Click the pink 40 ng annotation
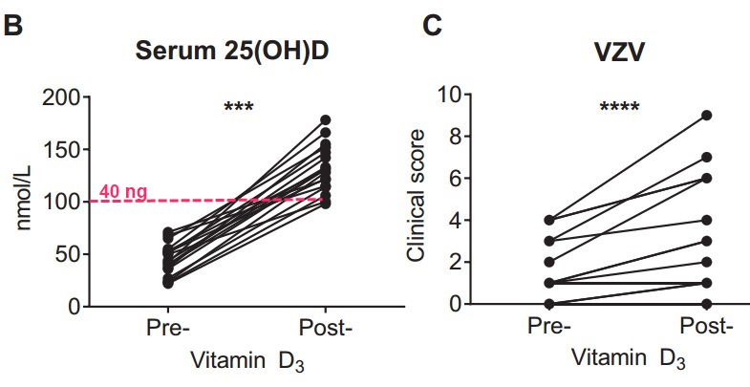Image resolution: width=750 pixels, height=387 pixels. pyautogui.click(x=123, y=192)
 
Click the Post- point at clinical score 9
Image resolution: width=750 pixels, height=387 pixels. pyautogui.click(x=706, y=115)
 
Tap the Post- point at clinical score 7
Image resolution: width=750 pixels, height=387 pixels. pyautogui.click(x=706, y=157)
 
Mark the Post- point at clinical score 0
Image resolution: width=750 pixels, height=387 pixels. pyautogui.click(x=706, y=304)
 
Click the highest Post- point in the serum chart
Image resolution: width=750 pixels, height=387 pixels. pyautogui.click(x=326, y=119)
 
